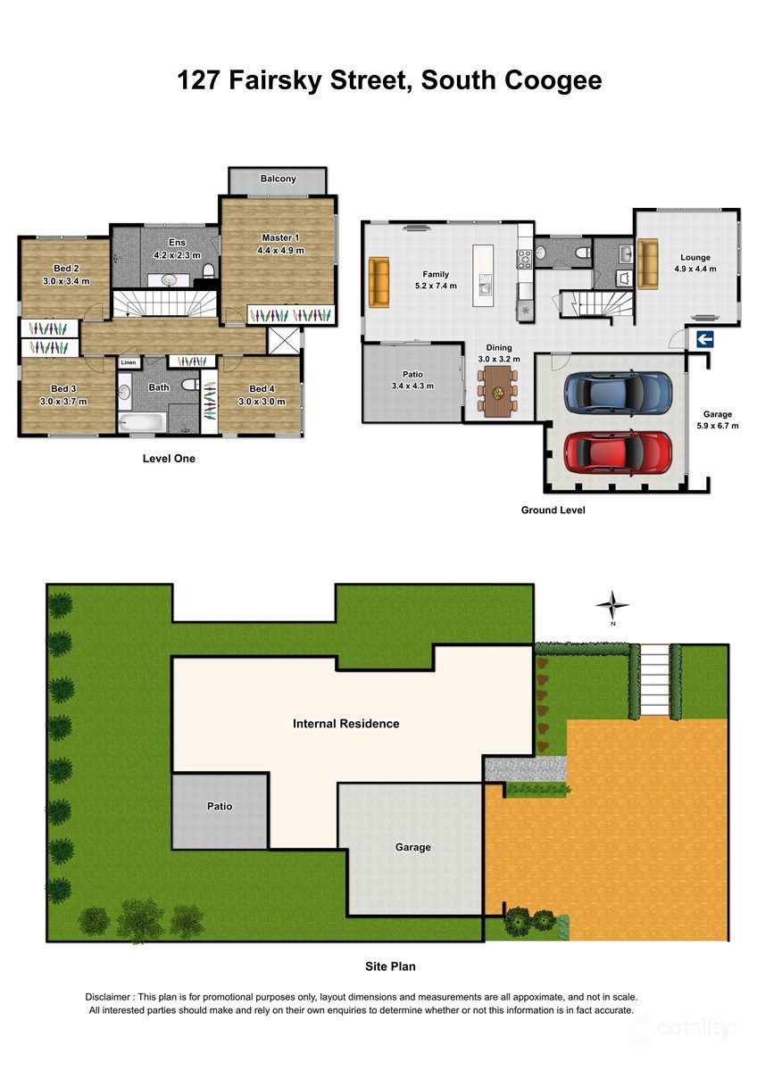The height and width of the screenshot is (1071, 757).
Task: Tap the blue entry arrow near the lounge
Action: click(x=704, y=338)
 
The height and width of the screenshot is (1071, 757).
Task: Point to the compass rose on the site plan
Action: click(x=612, y=606)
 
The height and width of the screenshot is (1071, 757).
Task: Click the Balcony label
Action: click(x=279, y=179)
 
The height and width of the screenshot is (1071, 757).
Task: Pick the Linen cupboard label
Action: click(x=129, y=362)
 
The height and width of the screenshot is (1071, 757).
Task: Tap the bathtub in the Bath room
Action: click(x=140, y=422)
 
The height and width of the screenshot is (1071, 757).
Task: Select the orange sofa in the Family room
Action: click(x=378, y=280)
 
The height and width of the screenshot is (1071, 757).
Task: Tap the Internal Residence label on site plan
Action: click(x=345, y=724)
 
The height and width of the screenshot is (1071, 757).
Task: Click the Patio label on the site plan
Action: click(x=220, y=807)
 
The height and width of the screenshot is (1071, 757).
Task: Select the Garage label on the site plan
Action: click(x=413, y=847)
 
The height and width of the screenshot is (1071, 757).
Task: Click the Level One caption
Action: click(x=169, y=459)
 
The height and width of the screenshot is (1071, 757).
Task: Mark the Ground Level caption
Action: click(x=553, y=511)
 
